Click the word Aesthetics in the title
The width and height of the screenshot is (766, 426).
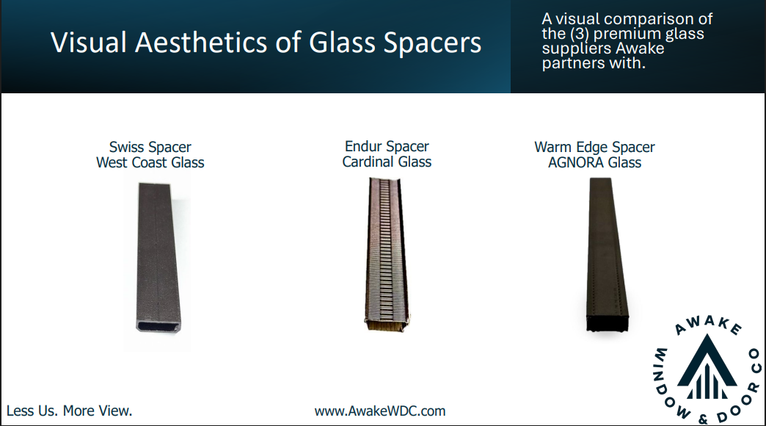(201, 42)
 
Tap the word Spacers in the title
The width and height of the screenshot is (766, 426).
(432, 43)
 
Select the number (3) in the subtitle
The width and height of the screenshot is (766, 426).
(579, 34)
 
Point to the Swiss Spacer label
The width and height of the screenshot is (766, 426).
(150, 147)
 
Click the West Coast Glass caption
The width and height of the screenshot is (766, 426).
(150, 162)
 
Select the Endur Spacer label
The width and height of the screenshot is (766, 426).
(387, 146)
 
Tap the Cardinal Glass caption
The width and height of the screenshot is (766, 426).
(387, 162)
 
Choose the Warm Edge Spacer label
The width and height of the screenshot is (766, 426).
(594, 147)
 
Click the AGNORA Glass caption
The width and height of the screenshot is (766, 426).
(594, 162)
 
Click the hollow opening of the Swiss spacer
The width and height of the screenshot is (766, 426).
(158, 326)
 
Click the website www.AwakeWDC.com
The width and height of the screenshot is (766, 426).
(380, 411)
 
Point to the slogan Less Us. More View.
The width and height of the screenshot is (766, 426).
(70, 411)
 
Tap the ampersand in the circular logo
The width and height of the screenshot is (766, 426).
(703, 419)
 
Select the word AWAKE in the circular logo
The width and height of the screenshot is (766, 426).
(708, 325)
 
